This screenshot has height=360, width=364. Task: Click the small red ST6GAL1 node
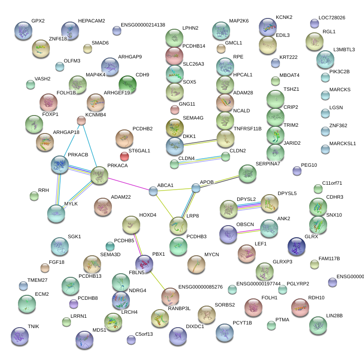click(124, 156)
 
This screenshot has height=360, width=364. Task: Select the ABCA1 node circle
click(153, 191)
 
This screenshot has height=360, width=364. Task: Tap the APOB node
click(195, 188)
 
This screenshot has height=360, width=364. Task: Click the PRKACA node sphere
click(99, 176)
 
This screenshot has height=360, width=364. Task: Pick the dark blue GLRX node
click(296, 245)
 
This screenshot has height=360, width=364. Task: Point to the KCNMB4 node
click(81, 120)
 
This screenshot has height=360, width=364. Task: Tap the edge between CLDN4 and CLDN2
click(200, 160)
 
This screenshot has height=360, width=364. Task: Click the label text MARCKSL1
click(342, 144)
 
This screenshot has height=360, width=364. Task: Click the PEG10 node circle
click(297, 170)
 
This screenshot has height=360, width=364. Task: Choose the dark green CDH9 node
click(127, 84)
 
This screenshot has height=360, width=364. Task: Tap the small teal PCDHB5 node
click(110, 246)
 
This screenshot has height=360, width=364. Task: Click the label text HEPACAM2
click(91, 21)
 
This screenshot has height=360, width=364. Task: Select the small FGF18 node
click(44, 268)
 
